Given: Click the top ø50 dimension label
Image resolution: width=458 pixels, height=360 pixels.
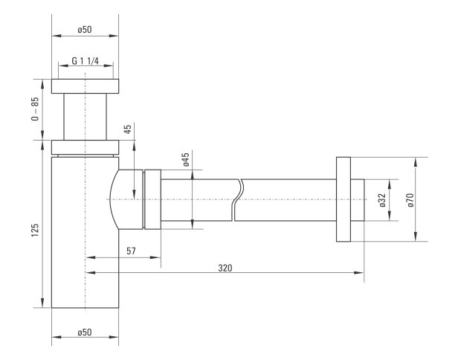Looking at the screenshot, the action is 85,30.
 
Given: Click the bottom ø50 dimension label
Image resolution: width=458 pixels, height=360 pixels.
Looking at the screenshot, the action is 85,332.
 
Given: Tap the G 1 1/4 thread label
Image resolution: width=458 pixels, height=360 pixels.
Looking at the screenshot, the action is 86,61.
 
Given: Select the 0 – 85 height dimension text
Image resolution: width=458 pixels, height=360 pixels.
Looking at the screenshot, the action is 35,109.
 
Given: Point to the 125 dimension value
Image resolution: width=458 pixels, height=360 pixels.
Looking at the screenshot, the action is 35,230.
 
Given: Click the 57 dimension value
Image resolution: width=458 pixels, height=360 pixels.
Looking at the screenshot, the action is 131,251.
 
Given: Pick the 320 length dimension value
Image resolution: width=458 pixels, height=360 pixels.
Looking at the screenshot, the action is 225,268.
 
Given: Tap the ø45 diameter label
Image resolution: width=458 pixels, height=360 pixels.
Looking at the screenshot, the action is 187,159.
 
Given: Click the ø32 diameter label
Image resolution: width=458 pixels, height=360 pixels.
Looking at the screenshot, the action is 383,200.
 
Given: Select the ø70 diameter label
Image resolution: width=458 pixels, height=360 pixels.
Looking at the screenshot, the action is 410,200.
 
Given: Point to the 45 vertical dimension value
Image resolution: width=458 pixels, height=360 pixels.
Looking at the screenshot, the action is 128,129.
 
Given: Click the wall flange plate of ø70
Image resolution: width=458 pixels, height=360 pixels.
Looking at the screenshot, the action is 343,199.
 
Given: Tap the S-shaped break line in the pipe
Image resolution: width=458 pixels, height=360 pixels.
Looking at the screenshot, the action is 237,200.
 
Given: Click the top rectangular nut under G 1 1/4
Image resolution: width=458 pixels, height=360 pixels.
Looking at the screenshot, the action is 85,86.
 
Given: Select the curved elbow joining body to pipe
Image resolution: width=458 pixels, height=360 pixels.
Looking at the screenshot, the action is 126,199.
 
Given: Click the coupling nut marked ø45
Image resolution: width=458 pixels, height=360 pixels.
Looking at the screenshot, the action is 152,199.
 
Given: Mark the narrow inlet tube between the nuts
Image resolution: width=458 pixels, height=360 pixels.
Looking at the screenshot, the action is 85,117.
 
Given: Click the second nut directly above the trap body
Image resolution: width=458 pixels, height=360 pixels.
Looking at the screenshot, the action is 85,147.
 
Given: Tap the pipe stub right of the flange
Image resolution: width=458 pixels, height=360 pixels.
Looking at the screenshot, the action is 357,200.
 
